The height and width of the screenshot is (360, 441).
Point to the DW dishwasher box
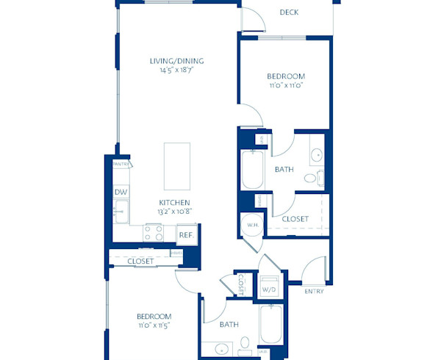(x=121, y=192)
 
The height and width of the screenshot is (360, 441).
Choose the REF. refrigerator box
(x=186, y=235)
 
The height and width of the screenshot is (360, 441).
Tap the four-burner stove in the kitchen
(x=154, y=233)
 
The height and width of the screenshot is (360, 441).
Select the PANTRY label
(x=121, y=165)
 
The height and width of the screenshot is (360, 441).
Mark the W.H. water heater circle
(x=251, y=225)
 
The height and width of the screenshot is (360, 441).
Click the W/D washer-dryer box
(x=269, y=289)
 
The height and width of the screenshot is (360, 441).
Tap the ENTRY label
(x=314, y=292)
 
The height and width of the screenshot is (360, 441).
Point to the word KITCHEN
(x=174, y=203)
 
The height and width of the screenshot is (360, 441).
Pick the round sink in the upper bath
(x=316, y=155)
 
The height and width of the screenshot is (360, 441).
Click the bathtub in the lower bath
(x=270, y=324)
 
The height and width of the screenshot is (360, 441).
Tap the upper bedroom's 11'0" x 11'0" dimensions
(x=286, y=86)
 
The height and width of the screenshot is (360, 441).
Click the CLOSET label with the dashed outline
(x=295, y=219)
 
